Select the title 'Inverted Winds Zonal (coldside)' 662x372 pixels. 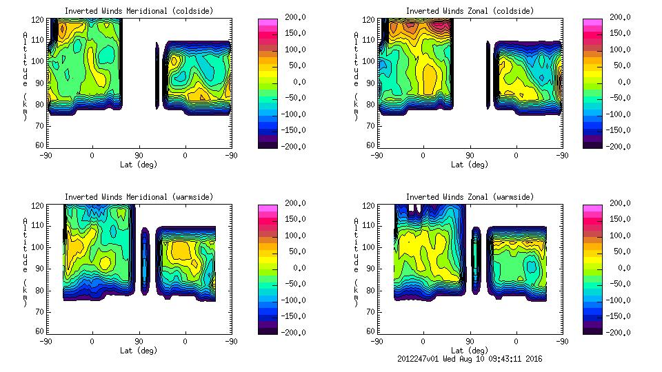pos(469,11)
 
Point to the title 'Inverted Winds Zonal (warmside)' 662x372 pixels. pos(469,197)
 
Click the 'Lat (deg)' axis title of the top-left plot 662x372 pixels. pos(138,165)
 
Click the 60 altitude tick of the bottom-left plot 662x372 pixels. pos(40,331)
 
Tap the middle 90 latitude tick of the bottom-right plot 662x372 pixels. pos(470,341)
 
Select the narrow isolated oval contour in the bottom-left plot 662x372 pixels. pos(145,261)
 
